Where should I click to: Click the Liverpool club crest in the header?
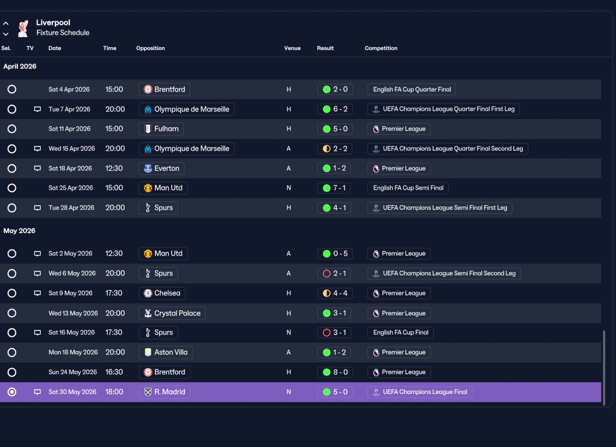pos(23,28)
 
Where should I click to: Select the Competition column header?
pos(381,48)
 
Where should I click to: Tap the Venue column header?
pos(292,48)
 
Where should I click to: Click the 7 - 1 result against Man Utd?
pos(334,188)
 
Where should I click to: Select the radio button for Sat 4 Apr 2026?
pos(12,89)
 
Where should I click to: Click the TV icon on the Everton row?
pos(38,168)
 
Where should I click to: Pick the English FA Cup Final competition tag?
pos(400,332)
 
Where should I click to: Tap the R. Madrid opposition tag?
pos(165,392)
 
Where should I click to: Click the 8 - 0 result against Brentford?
pos(335,372)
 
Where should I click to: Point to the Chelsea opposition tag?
pos(162,293)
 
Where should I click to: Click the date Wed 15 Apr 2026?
pos(72,149)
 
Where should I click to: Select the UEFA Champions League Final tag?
pos(420,392)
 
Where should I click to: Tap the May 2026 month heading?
pos(19,231)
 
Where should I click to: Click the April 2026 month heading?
pos(20,66)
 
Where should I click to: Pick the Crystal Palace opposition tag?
pos(172,313)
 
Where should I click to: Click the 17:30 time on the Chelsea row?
pos(114,293)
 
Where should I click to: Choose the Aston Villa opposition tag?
pos(166,352)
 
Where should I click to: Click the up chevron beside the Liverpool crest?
pos(6,24)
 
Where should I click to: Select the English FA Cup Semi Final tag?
pos(408,188)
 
